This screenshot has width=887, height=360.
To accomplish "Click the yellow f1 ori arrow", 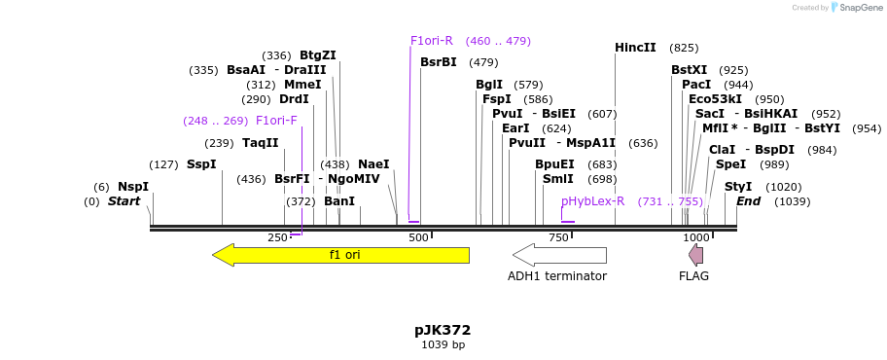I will (340, 255).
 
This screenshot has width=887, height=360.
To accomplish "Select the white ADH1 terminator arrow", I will (559, 255).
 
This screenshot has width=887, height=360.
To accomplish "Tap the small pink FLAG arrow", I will (695, 255).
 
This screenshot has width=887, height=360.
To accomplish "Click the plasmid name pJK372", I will (443, 330).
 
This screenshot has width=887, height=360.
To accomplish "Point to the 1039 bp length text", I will (443, 345).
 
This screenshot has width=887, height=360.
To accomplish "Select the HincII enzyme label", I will (635, 48).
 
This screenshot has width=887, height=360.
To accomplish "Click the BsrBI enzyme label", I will (438, 62).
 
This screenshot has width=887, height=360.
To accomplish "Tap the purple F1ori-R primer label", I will (431, 41).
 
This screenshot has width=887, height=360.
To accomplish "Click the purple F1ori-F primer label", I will (276, 121).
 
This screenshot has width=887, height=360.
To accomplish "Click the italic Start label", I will (124, 201).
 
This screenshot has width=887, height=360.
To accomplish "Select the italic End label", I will (748, 201).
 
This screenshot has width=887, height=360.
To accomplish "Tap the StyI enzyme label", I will (737, 187).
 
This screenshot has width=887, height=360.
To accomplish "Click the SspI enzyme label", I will (201, 164).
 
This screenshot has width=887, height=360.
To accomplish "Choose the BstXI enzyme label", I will (689, 70).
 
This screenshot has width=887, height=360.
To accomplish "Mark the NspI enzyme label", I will (133, 187).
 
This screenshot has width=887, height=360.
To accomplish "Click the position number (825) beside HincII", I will (684, 48).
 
